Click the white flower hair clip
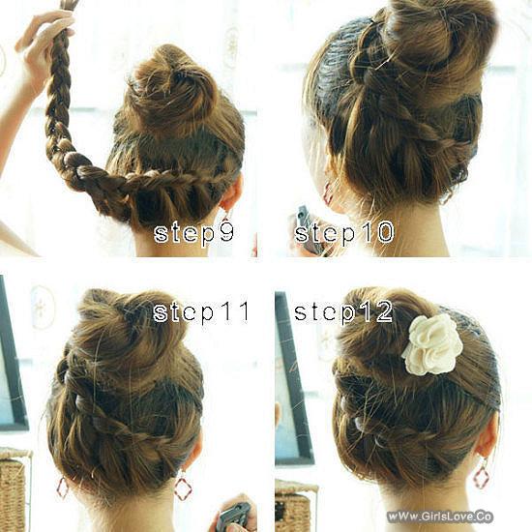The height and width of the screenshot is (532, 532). (x=432, y=343)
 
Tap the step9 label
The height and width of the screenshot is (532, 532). (x=194, y=233)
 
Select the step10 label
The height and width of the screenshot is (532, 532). (x=343, y=233)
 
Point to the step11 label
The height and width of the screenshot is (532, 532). (x=201, y=311)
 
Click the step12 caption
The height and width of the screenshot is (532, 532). (x=343, y=311)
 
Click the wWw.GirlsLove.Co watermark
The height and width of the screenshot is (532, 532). (x=440, y=517)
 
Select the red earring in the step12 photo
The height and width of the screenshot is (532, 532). (x=481, y=475)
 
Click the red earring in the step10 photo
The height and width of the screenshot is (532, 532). (x=328, y=192)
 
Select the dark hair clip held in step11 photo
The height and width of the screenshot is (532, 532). (x=232, y=514)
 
